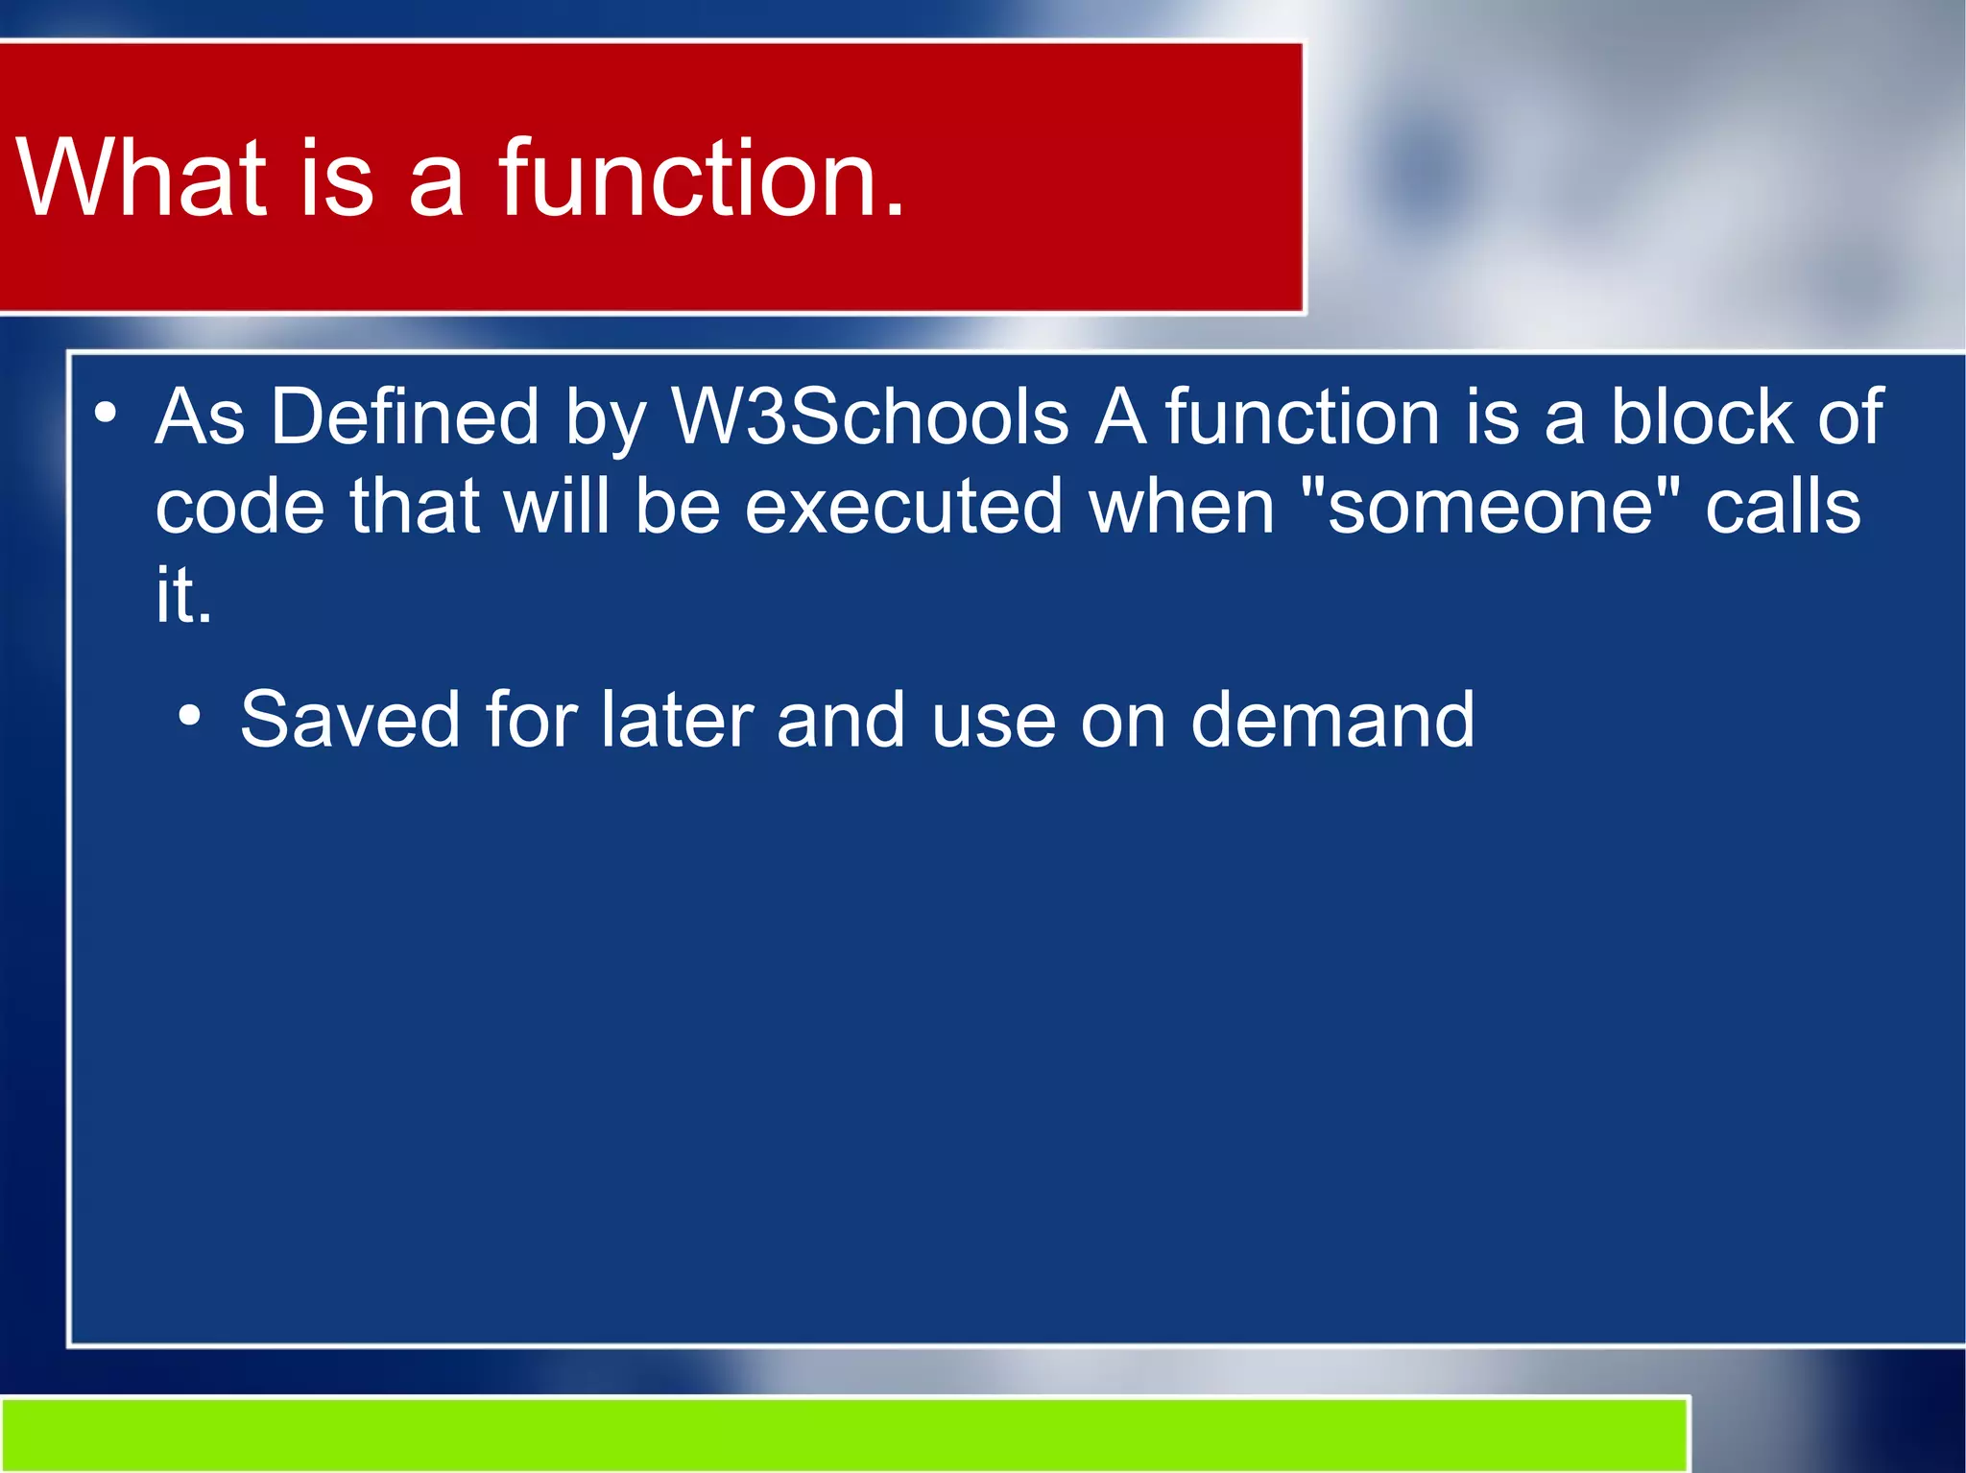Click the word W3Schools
(870, 417)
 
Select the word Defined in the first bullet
(404, 417)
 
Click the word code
(240, 507)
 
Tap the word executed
(903, 507)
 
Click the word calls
(1783, 507)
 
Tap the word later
(676, 720)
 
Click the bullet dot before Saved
(190, 716)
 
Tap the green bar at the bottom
(845, 1435)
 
